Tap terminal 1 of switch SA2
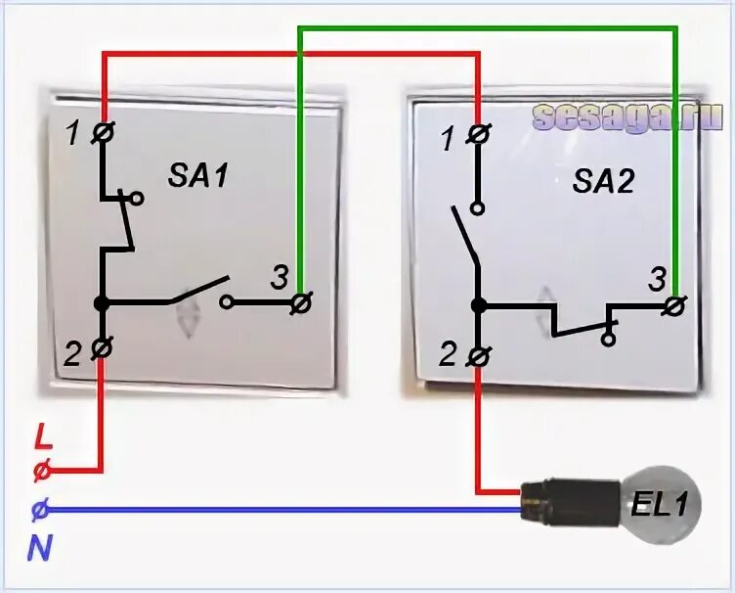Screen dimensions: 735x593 pyautogui.click(x=478, y=134)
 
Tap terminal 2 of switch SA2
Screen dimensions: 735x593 pyautogui.click(x=478, y=356)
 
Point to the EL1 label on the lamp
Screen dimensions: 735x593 pyautogui.click(x=657, y=506)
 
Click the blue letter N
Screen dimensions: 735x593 pyautogui.click(x=39, y=549)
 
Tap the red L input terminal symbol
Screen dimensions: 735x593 pyautogui.click(x=41, y=471)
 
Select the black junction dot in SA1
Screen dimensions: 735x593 pyautogui.click(x=103, y=303)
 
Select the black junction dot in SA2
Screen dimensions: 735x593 pyautogui.click(x=478, y=305)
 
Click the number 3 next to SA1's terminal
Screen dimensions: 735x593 pyautogui.click(x=279, y=279)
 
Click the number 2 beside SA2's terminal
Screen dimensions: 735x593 pyautogui.click(x=448, y=355)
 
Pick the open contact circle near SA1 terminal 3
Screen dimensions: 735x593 pyautogui.click(x=227, y=303)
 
